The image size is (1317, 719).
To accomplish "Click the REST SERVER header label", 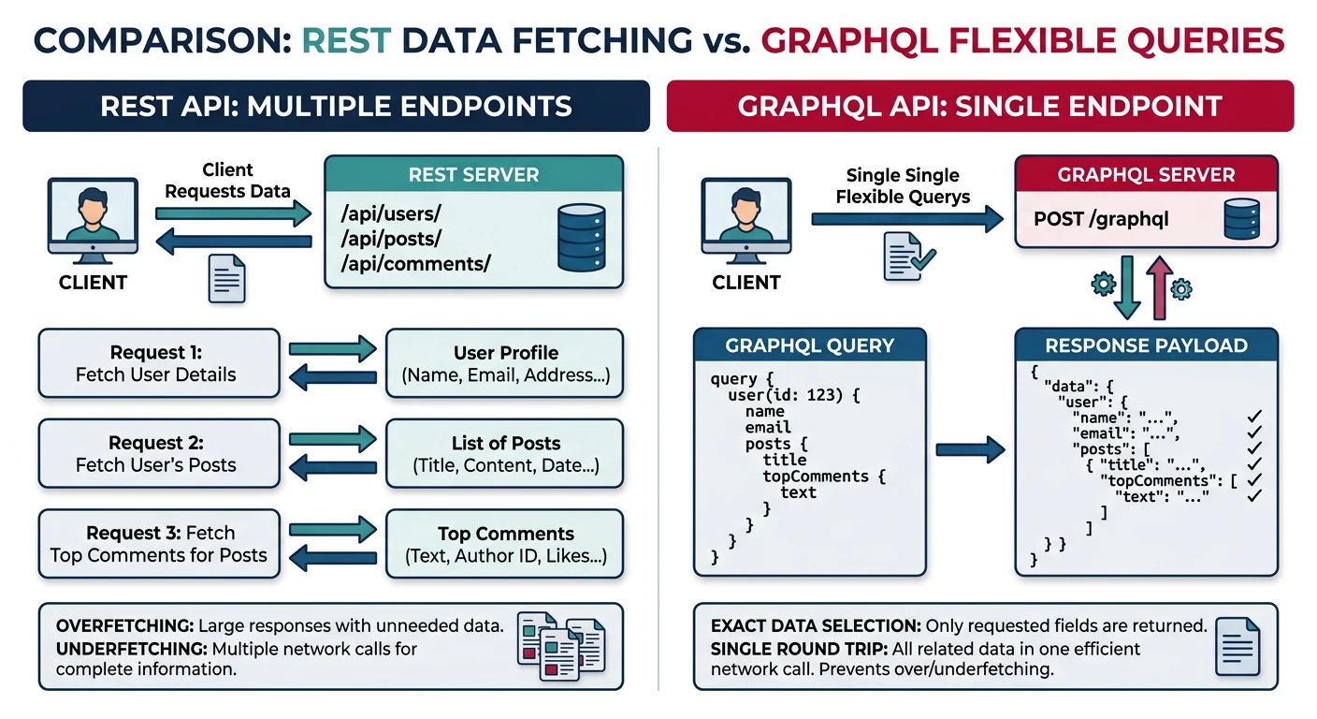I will tap(473, 175).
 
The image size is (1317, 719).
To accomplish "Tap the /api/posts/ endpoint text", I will tap(391, 239).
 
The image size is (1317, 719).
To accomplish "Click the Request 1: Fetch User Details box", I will tap(158, 363).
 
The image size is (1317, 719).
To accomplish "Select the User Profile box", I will tap(505, 363).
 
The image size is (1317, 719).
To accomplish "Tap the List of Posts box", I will tap(505, 454).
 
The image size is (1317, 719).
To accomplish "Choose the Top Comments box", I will tap(505, 544).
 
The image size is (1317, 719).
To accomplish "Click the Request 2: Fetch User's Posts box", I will tap(158, 454).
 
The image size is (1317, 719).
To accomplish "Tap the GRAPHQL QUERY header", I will tap(809, 345).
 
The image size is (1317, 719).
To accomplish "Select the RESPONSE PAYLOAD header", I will tap(1146, 345).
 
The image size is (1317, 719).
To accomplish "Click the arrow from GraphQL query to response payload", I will tap(969, 450).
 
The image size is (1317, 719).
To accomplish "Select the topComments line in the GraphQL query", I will tap(823, 477).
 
